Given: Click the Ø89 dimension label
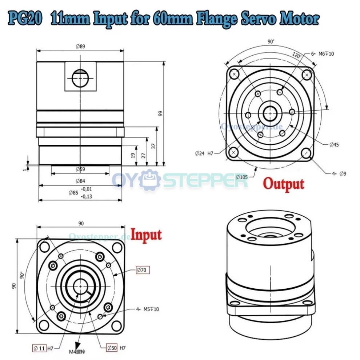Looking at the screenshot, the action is coord(80,47).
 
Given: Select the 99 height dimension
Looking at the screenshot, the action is coord(160,113).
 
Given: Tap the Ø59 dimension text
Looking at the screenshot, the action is coord(80,169).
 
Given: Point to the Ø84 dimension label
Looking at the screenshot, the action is coord(80,181).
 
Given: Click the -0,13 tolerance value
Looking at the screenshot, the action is coord(87,196).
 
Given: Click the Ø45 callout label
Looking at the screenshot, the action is coord(334,145).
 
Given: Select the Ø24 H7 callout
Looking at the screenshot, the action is coord(204,153).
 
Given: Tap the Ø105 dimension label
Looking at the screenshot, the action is coord(242,177).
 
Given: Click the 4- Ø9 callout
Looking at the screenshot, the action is coord(339,174).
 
